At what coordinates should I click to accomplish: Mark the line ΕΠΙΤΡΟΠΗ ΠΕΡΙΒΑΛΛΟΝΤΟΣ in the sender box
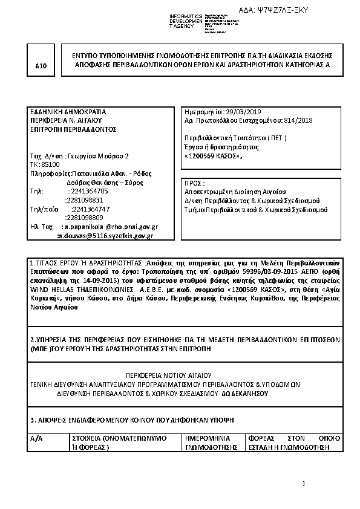coord(73,129)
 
